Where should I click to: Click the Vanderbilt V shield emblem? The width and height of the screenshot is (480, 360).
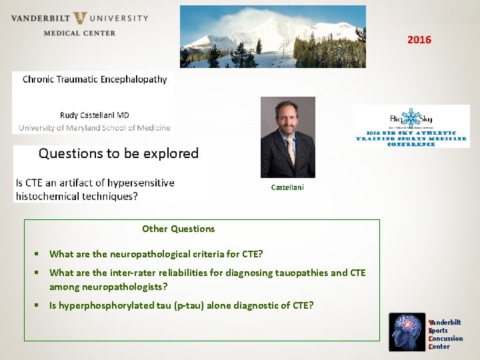80,18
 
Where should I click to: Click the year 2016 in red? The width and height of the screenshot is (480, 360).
419,40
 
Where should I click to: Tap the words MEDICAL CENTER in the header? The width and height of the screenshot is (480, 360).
79,33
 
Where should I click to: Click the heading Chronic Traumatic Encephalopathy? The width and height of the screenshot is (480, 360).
95,79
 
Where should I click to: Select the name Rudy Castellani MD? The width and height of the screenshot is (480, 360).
94,115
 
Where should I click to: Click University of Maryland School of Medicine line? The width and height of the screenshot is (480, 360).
94,127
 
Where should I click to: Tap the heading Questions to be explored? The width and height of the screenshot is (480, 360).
118,153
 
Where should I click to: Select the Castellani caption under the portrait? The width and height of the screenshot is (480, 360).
287,187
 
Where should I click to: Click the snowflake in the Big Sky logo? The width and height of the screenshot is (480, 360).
411,117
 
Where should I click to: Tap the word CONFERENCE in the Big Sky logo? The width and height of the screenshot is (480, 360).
411,144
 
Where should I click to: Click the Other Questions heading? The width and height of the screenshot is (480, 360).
178,229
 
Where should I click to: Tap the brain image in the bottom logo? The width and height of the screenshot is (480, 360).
407,331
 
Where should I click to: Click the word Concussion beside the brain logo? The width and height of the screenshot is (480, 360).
447,339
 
